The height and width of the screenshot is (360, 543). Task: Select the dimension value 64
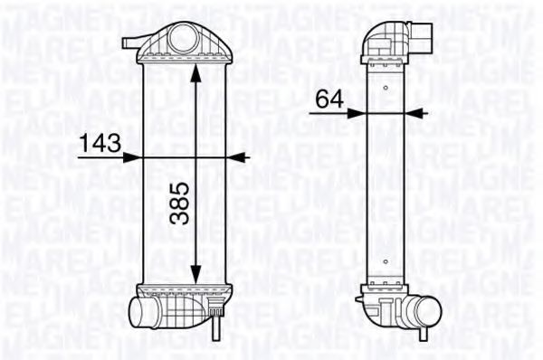(x=329, y=99)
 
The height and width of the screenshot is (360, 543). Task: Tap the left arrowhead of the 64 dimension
(x=359, y=113)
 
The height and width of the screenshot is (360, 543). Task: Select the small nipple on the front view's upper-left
(x=130, y=42)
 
